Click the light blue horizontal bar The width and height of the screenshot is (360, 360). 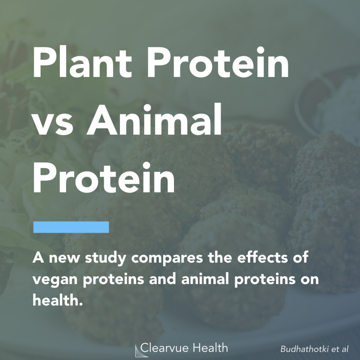pos(71,227)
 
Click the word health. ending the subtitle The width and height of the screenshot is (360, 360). pos(57,300)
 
